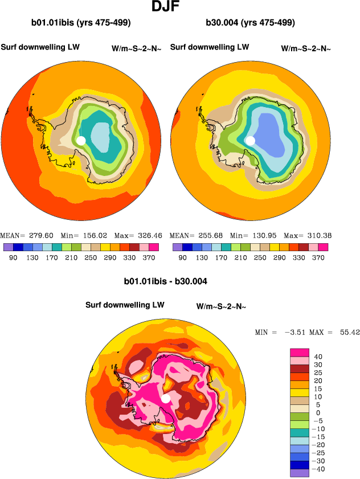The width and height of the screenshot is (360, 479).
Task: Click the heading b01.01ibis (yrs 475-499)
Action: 81,23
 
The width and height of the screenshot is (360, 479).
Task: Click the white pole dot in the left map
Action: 81,140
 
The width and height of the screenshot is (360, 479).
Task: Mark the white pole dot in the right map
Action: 249,140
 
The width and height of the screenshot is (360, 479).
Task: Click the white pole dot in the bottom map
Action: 166,398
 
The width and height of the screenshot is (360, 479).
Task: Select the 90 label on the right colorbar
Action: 182,257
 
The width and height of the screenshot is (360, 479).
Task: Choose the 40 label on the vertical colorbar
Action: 318,357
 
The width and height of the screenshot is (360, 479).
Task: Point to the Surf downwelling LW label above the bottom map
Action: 125,305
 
